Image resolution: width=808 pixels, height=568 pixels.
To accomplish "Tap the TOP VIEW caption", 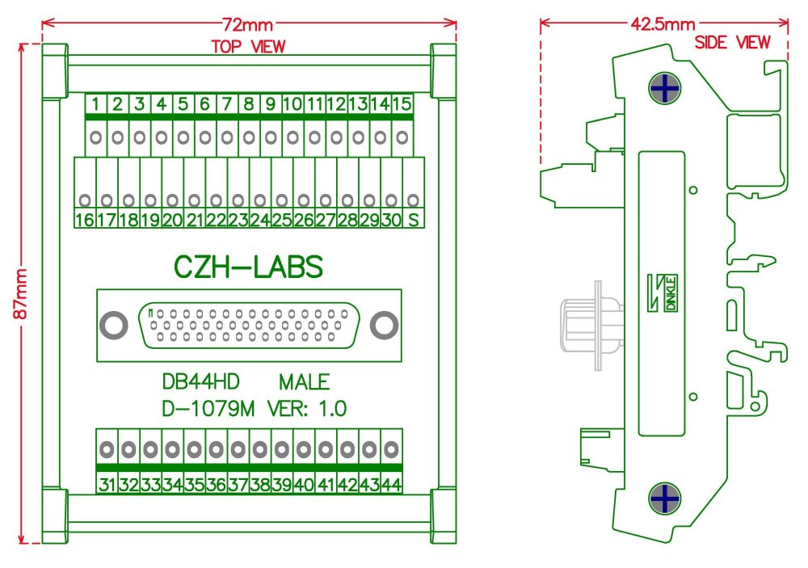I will pyautogui.click(x=248, y=47).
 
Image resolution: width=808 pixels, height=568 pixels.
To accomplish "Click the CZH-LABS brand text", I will pyautogui.click(x=249, y=267).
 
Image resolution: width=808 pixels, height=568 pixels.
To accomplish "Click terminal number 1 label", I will pyautogui.click(x=96, y=103).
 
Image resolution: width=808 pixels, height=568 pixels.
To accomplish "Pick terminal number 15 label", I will pyautogui.click(x=402, y=103).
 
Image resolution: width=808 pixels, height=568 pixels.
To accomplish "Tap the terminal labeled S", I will pyautogui.click(x=412, y=220).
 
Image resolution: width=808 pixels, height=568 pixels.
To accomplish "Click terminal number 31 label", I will pyautogui.click(x=107, y=485).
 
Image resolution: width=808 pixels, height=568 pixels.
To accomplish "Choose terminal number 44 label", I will pyautogui.click(x=392, y=485).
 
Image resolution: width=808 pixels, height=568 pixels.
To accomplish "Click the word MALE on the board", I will pyautogui.click(x=304, y=382).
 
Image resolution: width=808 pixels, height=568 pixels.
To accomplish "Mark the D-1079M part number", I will pyautogui.click(x=208, y=409).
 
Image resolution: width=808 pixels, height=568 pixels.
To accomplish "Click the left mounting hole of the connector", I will pyautogui.click(x=114, y=326).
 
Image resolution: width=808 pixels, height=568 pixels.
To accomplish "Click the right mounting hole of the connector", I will pyautogui.click(x=384, y=326).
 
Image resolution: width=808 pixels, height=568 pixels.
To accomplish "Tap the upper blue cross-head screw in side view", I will pyautogui.click(x=663, y=89).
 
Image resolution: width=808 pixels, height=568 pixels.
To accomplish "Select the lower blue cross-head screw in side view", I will pyautogui.click(x=663, y=499).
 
